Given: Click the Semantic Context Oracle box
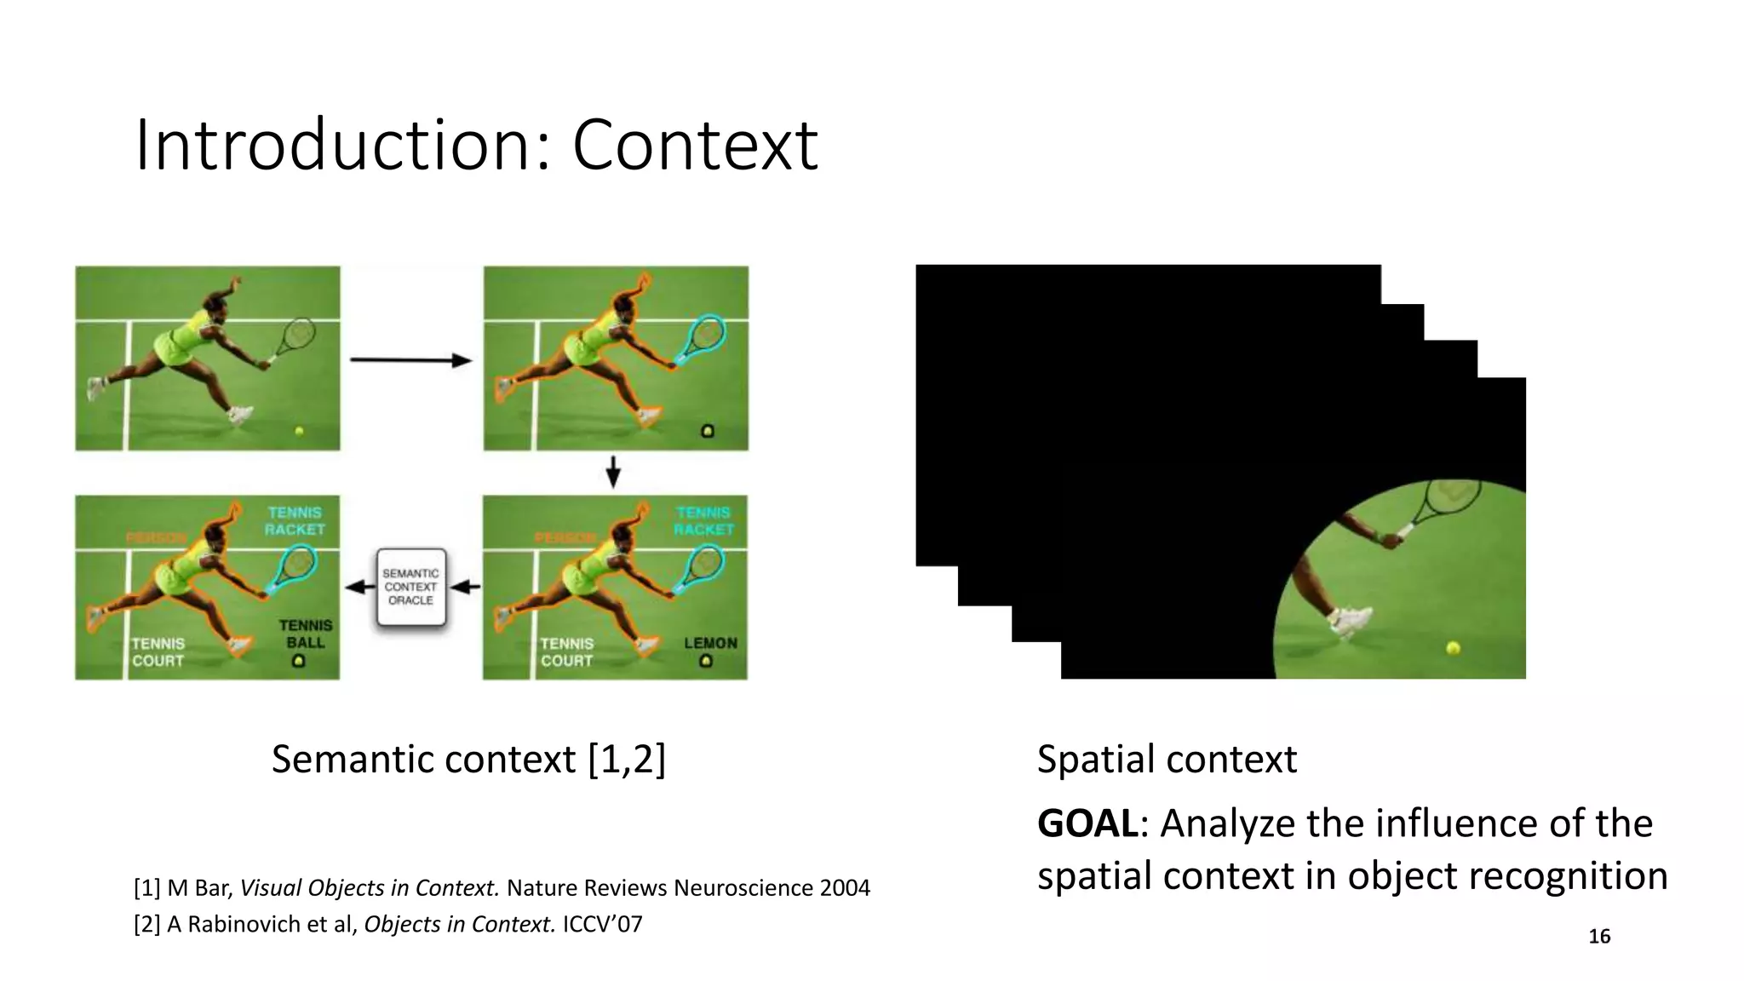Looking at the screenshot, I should pyautogui.click(x=411, y=588).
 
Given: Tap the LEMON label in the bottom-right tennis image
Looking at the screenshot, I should pyautogui.click(x=710, y=643).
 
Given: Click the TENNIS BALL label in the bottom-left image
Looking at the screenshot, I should pyautogui.click(x=305, y=634).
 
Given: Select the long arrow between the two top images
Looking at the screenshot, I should pyautogui.click(x=410, y=360).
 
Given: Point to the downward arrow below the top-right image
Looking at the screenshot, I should pyautogui.click(x=612, y=472).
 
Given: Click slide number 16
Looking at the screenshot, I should pyautogui.click(x=1599, y=937).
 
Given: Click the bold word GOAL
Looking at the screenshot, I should pyautogui.click(x=1087, y=823).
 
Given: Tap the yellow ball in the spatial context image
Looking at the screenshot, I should pyautogui.click(x=1453, y=648).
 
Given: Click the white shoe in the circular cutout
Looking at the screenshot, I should pyautogui.click(x=1351, y=620).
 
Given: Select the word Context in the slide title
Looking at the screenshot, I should pyautogui.click(x=695, y=146).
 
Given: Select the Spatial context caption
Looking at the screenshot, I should pyautogui.click(x=1167, y=759).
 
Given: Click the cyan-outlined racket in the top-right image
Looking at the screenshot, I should pyautogui.click(x=703, y=336).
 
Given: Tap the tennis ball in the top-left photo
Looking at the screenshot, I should pyautogui.click(x=299, y=431).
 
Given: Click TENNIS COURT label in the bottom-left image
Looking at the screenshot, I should pyautogui.click(x=158, y=651).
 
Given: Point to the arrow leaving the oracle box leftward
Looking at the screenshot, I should pyautogui.click(x=359, y=587).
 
